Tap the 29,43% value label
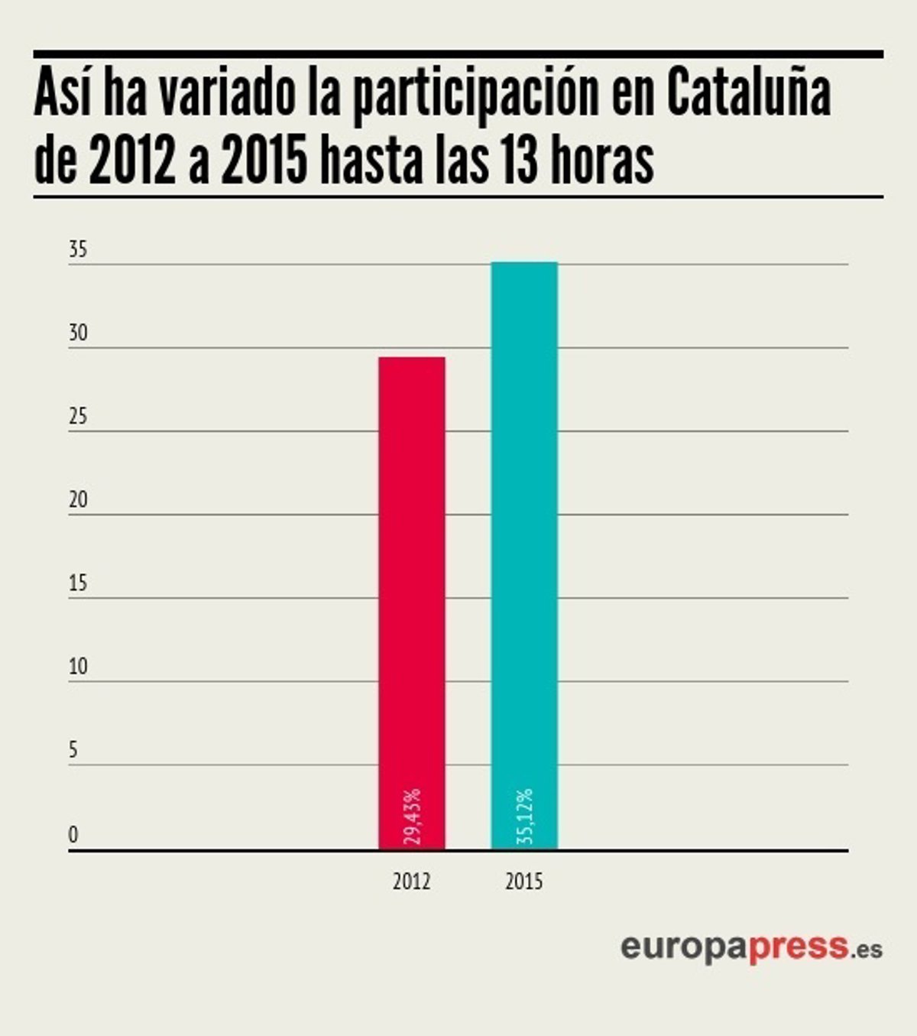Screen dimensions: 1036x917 coord(413,817)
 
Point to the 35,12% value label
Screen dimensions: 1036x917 coord(524,817)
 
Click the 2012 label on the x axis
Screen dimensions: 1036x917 coord(412,882)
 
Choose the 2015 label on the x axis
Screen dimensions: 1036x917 coord(524,882)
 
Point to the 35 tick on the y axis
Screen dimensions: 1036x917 coord(78,250)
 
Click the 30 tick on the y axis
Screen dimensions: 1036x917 coord(78,333)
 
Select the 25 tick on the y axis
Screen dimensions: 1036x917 coord(78,417)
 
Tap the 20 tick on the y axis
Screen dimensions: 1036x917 coord(78,500)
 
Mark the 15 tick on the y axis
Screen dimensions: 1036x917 coord(78,583)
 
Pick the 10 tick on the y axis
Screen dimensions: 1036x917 coord(78,667)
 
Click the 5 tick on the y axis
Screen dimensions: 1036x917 coord(73,750)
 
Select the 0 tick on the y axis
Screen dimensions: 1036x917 coord(73,835)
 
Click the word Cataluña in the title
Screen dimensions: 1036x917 coord(748,93)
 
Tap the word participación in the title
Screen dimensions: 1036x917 coord(475,96)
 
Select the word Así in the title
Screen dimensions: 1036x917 coord(63,92)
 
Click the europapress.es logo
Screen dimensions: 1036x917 coord(751,947)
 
